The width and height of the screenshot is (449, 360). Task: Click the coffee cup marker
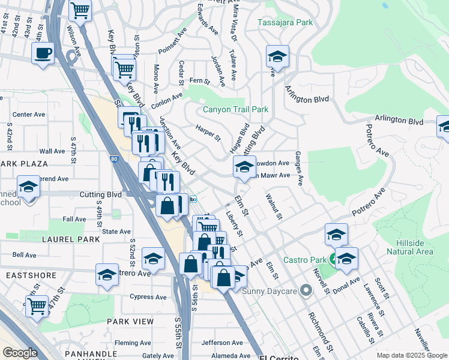pos(43,53)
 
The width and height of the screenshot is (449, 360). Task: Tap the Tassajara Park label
pos(285,22)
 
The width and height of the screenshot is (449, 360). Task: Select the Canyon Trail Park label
pos(235,109)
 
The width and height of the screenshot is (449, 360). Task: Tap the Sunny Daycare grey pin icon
pos(306,291)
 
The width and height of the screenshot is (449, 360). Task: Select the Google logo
pos(20,352)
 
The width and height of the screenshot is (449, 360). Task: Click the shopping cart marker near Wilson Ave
pos(79,10)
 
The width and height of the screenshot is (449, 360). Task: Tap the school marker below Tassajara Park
pos(277,56)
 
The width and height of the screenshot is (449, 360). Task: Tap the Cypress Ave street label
pos(148,296)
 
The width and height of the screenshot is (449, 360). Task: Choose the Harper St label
pos(208,133)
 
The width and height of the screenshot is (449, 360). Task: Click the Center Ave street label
pos(29,114)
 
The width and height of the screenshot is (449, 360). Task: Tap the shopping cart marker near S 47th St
pos(37,306)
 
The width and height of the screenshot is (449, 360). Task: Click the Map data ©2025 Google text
pos(411,355)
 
